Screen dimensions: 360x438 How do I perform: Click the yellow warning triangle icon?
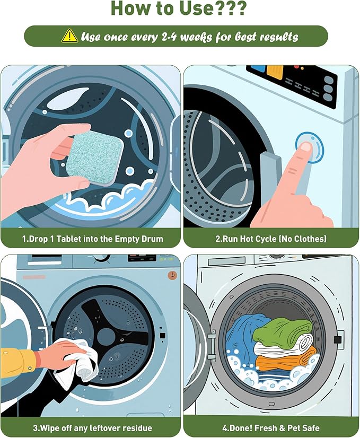coord(69,36)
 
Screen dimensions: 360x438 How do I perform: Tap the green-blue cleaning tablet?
coord(94,159)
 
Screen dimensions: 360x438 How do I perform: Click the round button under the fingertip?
coord(309,147)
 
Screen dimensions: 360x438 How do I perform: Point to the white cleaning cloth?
coord(75,361)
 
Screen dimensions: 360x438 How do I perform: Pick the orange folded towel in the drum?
coord(285,358)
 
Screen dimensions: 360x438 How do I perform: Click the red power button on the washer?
coord(172,275)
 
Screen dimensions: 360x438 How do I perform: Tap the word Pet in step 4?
coord(295,428)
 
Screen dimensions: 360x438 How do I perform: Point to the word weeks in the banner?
coord(196,37)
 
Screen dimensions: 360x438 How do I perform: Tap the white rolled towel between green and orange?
coord(283,345)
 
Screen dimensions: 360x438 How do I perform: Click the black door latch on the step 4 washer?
coord(338,340)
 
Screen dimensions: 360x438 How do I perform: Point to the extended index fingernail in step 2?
coord(306,147)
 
